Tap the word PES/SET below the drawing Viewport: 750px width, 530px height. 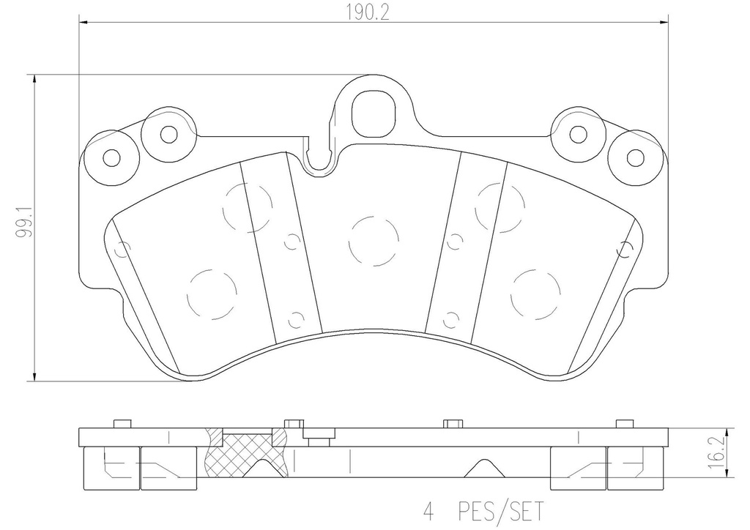(501, 512)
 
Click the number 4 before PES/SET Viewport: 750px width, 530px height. (428, 512)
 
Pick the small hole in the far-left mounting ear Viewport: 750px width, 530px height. (111, 157)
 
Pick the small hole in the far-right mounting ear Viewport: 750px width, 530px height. (635, 157)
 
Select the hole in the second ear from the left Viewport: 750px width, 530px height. (168, 134)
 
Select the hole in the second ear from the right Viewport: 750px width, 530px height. (579, 134)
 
